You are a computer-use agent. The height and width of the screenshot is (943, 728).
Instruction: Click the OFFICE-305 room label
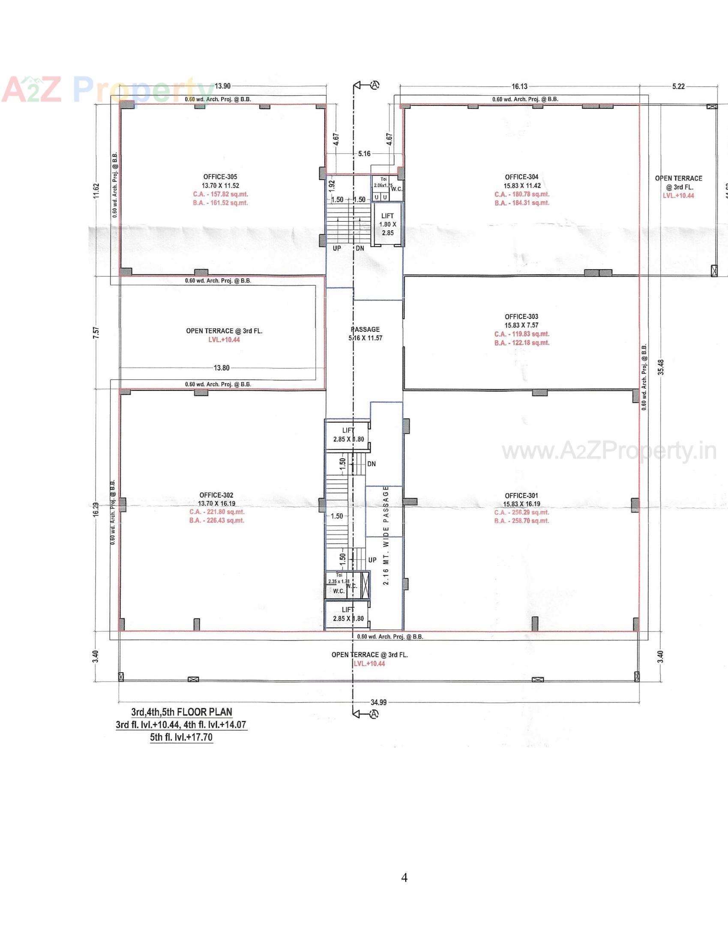pyautogui.click(x=220, y=177)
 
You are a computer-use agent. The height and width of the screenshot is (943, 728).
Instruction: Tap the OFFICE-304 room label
pyautogui.click(x=521, y=177)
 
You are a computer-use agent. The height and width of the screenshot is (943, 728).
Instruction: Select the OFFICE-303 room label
pyautogui.click(x=521, y=316)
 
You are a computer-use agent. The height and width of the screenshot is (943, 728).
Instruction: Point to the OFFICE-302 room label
pyautogui.click(x=216, y=495)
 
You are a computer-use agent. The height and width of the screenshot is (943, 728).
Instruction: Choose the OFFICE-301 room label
pyautogui.click(x=521, y=496)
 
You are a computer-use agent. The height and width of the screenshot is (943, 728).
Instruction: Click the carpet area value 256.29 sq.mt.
pyautogui.click(x=522, y=513)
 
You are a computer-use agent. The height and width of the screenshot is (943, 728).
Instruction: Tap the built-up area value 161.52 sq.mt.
pyautogui.click(x=221, y=203)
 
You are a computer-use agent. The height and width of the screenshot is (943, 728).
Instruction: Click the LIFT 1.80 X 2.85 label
pyautogui.click(x=387, y=224)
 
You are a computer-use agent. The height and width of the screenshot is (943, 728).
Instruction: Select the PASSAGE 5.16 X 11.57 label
pyautogui.click(x=365, y=334)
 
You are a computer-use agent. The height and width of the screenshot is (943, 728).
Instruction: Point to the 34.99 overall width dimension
pyautogui.click(x=378, y=702)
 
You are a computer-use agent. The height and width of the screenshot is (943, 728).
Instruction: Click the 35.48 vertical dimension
pyautogui.click(x=661, y=367)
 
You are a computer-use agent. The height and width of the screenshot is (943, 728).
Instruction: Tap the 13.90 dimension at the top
pyautogui.click(x=222, y=86)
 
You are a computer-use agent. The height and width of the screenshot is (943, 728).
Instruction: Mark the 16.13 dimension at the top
pyautogui.click(x=519, y=86)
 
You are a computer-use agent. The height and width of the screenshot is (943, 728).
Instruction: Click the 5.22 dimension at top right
pyautogui.click(x=678, y=86)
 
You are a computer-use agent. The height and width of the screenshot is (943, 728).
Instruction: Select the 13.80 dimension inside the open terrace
pyautogui.click(x=222, y=368)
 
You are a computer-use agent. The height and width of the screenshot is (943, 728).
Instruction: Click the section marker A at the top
pyautogui.click(x=374, y=85)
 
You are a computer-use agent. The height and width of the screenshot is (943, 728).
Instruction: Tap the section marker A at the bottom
pyautogui.click(x=374, y=714)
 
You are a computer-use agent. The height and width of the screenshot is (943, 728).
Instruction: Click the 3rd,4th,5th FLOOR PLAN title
pyautogui.click(x=182, y=712)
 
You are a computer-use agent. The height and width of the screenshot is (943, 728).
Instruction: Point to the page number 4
pyautogui.click(x=404, y=878)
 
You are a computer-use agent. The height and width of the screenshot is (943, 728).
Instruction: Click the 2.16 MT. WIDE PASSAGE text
pyautogui.click(x=386, y=535)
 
